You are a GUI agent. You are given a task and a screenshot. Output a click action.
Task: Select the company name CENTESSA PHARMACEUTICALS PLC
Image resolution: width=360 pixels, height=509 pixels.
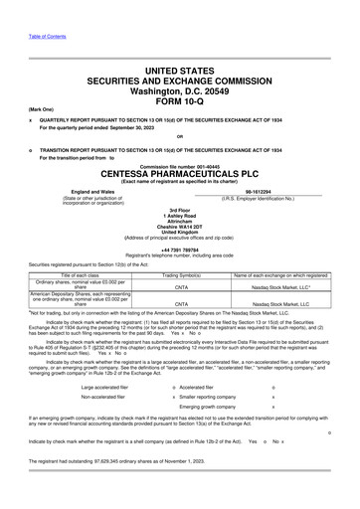click(180, 170)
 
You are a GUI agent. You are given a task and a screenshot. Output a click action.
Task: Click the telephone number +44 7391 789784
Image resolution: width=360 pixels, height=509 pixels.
click(180, 250)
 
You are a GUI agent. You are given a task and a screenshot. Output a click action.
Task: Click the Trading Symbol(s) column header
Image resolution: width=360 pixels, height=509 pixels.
click(182, 273)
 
